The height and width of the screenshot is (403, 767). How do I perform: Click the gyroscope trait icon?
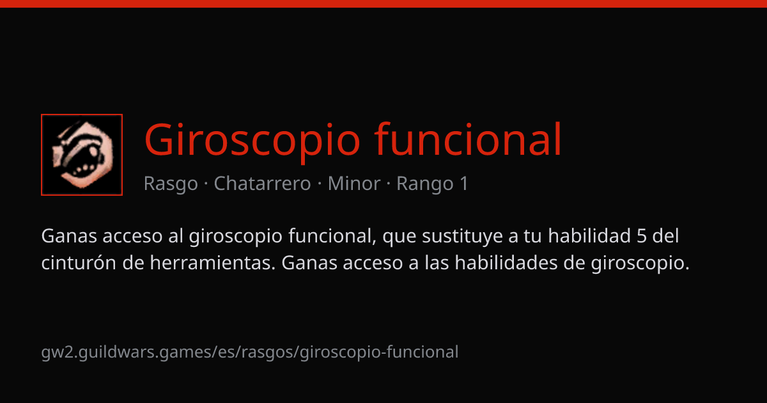[82, 155]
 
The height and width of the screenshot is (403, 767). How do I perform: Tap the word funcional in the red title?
[468, 139]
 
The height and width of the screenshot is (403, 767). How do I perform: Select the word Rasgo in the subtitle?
[171, 184]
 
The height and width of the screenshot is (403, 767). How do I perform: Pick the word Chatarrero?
[262, 184]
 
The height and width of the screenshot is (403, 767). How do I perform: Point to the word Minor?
[354, 184]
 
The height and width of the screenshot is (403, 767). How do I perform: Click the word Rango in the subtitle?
[424, 184]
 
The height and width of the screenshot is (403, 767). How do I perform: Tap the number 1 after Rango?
[464, 184]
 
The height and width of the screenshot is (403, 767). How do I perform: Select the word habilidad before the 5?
[589, 236]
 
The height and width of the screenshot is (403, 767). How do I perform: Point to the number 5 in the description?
[641, 237]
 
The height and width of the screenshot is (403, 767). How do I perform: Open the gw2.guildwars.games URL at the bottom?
[250, 352]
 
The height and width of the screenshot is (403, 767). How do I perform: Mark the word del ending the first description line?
[665, 236]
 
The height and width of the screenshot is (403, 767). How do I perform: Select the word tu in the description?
[532, 237]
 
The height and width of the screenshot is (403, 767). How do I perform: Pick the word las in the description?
[437, 263]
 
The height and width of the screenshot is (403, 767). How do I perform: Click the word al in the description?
[176, 236]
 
